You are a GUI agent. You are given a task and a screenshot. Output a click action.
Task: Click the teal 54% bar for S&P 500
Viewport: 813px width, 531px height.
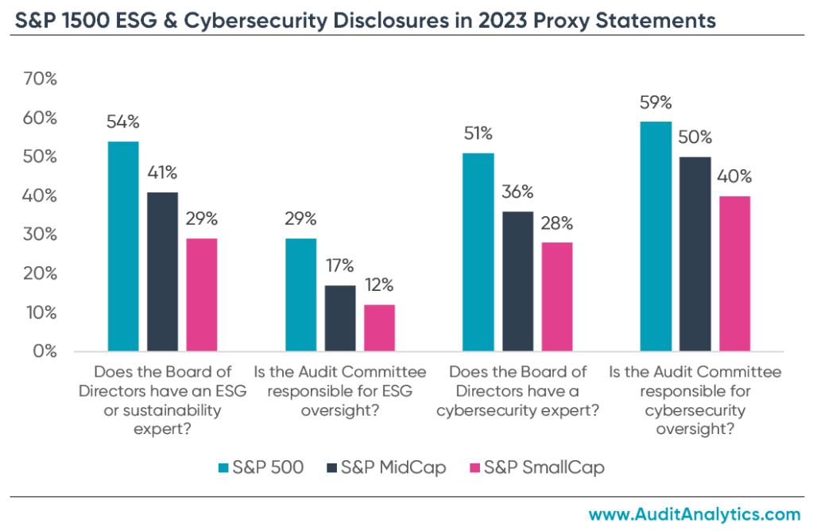123,246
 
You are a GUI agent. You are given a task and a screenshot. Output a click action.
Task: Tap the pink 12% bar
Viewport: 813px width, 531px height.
379,328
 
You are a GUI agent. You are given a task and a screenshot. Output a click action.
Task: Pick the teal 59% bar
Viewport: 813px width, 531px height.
656,236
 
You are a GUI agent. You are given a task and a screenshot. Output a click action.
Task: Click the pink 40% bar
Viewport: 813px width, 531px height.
734,273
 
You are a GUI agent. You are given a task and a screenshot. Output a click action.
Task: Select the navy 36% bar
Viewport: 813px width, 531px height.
517,281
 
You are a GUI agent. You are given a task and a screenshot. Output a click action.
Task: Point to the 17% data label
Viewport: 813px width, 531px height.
340,265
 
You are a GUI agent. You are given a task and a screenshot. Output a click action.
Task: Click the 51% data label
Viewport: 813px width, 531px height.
478,133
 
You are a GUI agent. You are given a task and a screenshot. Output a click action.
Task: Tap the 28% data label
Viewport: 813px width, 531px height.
556,223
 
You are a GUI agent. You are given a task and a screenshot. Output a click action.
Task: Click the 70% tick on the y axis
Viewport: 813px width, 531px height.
41,79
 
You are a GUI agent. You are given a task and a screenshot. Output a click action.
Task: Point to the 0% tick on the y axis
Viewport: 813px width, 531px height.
45,351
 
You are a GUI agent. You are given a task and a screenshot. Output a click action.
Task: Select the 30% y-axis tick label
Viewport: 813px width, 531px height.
41,234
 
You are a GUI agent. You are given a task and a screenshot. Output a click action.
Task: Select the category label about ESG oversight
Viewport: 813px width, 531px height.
340,381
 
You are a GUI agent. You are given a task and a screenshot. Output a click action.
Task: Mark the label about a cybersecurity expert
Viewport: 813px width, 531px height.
517,390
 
